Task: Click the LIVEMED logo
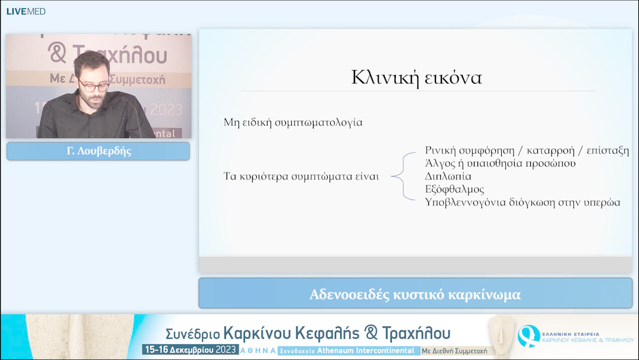pos(25,11)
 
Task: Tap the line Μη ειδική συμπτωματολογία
pos(293,123)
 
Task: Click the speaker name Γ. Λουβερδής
pos(98,151)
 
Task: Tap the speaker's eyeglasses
pos(93,86)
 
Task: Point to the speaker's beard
pos(95,101)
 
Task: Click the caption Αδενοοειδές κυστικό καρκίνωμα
pos(415,294)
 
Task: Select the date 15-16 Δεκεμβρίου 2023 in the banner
pos(189,350)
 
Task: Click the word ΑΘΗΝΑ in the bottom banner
pos(257,351)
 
